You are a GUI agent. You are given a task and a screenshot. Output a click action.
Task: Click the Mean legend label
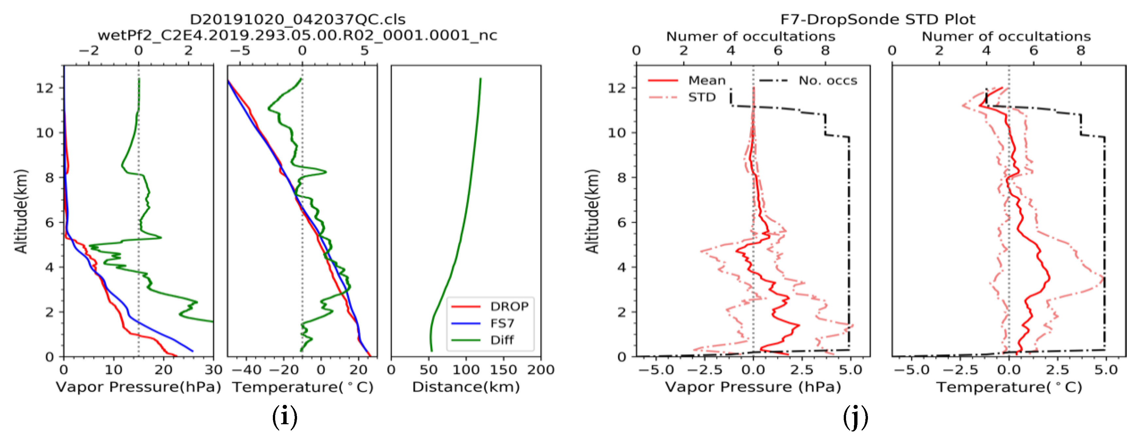(x=707, y=81)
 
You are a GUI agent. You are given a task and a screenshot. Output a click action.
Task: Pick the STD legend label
(x=701, y=97)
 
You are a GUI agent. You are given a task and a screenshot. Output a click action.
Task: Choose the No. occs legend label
(x=828, y=81)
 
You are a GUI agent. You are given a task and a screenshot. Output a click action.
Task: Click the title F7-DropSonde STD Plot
(x=877, y=20)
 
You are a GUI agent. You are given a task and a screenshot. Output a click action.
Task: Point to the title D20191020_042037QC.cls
(x=298, y=20)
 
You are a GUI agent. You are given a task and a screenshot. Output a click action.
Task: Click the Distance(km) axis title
(x=466, y=387)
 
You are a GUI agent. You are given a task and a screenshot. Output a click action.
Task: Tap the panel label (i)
(x=284, y=417)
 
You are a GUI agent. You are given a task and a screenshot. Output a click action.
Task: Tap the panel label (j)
(x=855, y=417)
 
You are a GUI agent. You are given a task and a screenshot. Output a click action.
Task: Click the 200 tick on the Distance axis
(x=540, y=370)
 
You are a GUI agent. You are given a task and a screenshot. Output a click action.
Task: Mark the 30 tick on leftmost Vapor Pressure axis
(x=213, y=370)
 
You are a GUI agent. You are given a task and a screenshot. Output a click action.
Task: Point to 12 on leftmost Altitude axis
(x=44, y=88)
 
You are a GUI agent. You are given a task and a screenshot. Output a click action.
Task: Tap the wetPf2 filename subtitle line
(x=298, y=35)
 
